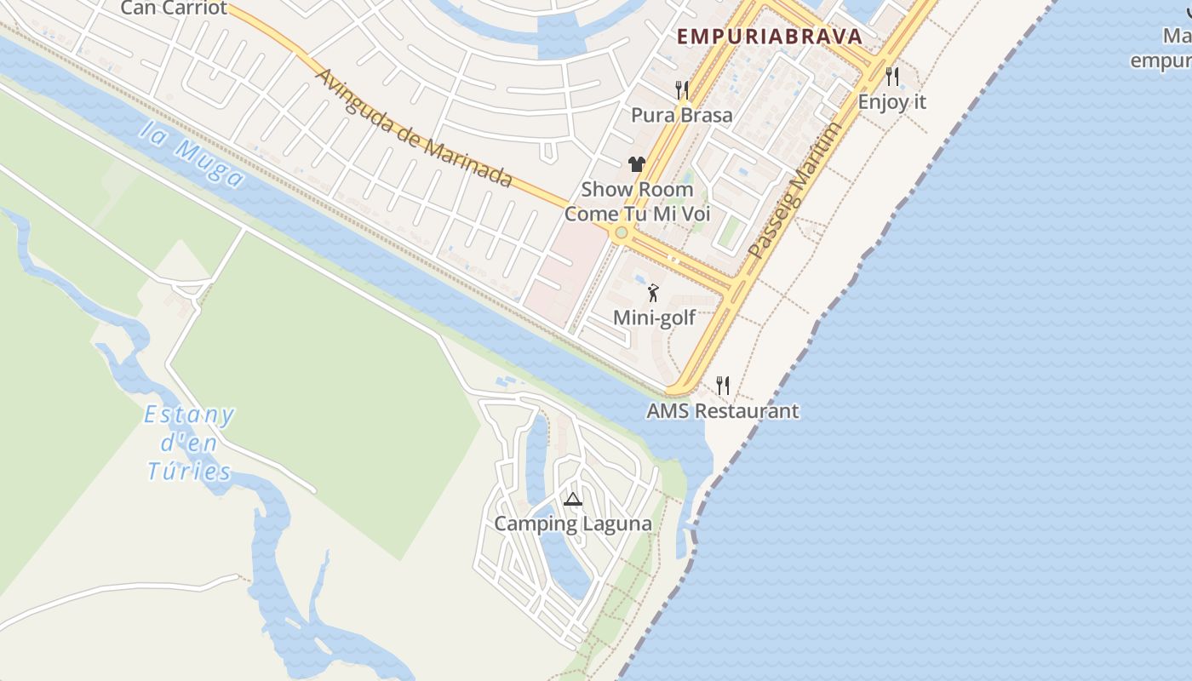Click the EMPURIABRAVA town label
[770, 37]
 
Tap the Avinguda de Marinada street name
[414, 128]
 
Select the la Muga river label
[192, 155]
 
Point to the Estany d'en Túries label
[189, 443]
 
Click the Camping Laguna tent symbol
[573, 498]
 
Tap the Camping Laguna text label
[573, 524]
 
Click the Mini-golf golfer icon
[653, 294]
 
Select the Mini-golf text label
[654, 318]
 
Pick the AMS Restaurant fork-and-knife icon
[723, 386]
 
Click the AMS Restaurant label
[722, 411]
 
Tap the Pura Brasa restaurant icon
[682, 89]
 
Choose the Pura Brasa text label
[681, 115]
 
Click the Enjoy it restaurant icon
[892, 77]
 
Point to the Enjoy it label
[891, 102]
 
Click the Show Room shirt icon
[637, 164]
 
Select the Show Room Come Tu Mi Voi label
[637, 201]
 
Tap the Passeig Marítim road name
[795, 192]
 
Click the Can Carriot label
[174, 9]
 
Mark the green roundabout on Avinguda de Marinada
[622, 232]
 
